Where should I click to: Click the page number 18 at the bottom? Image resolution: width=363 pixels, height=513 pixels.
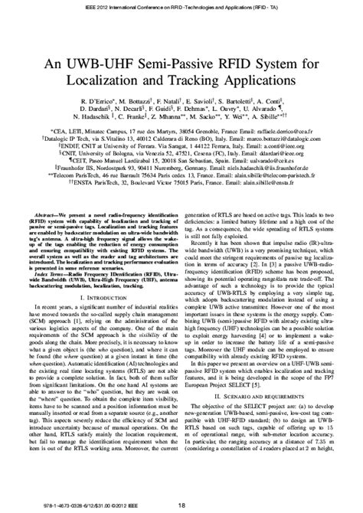coord(181,505)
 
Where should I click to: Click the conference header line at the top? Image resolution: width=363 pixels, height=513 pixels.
coord(181,6)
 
